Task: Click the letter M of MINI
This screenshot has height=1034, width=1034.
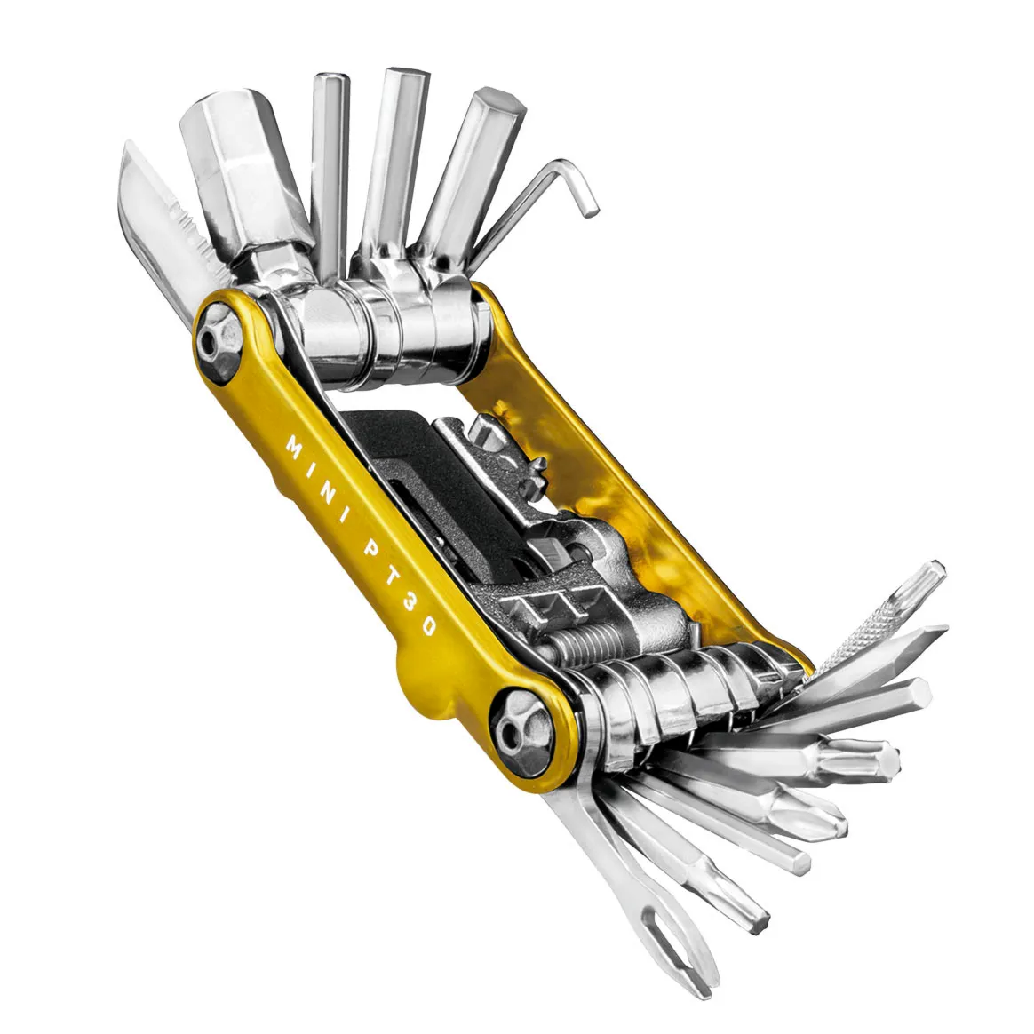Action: (x=294, y=443)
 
